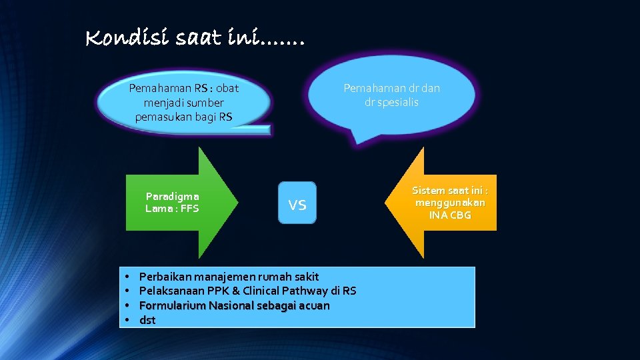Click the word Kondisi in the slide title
(127, 39)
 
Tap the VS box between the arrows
(297, 203)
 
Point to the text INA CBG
(451, 215)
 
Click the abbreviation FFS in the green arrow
(189, 208)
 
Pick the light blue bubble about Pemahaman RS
(183, 103)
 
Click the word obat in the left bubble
(227, 88)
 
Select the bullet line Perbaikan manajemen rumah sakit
(229, 276)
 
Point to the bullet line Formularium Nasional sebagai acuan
(234, 305)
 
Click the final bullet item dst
(147, 320)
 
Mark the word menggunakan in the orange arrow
(450, 203)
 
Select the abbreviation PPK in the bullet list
(215, 291)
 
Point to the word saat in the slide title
(199, 39)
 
